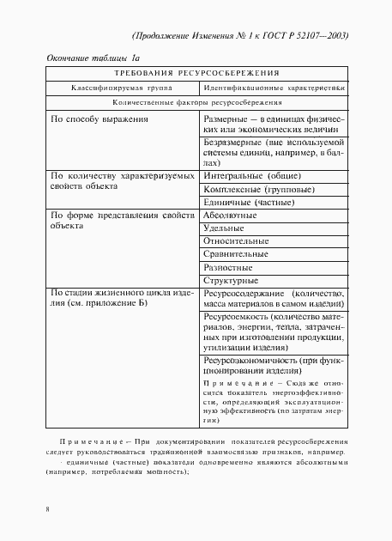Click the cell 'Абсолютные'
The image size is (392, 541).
tap(229, 216)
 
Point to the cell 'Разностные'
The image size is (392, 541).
tap(228, 267)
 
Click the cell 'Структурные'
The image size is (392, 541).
tap(231, 280)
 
